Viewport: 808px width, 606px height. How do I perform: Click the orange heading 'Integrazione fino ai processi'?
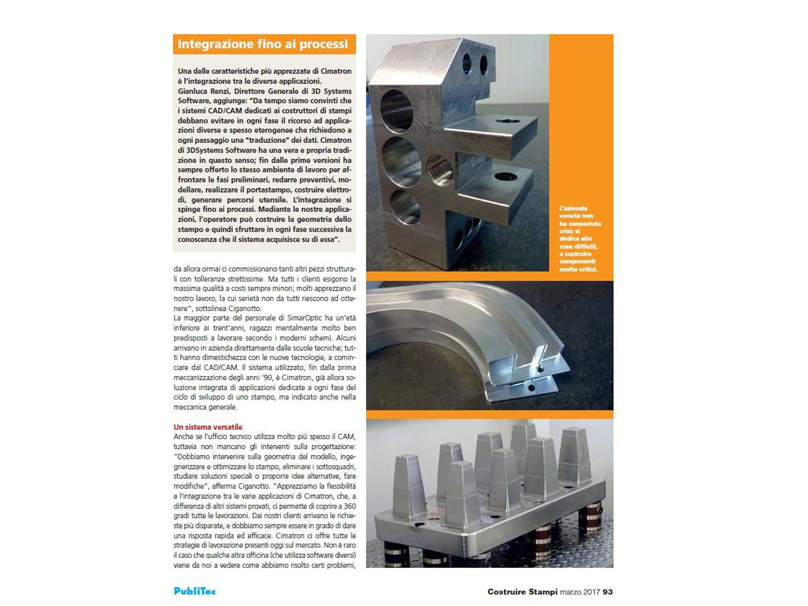pyautogui.click(x=263, y=44)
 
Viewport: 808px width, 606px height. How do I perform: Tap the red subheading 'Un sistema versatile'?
pyautogui.click(x=208, y=427)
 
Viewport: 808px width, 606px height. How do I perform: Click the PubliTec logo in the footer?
pyautogui.click(x=194, y=591)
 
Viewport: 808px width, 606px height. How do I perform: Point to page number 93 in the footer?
pyautogui.click(x=607, y=592)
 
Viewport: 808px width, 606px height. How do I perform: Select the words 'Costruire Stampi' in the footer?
pyautogui.click(x=522, y=592)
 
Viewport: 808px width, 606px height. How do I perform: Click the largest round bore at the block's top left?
pyautogui.click(x=396, y=111)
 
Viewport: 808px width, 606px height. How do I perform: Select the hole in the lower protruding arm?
pyautogui.click(x=506, y=176)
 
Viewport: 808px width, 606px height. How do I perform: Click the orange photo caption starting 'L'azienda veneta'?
pyautogui.click(x=579, y=239)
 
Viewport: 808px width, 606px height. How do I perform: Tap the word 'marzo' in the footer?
pyautogui.click(x=570, y=592)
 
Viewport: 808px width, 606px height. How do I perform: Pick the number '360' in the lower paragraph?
pyautogui.click(x=349, y=506)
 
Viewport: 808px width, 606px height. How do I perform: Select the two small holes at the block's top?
pyautogui.click(x=475, y=64)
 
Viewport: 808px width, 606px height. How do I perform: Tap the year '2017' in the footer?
pyautogui.click(x=591, y=592)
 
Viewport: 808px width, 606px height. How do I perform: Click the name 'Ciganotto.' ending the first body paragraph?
pyautogui.click(x=245, y=308)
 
